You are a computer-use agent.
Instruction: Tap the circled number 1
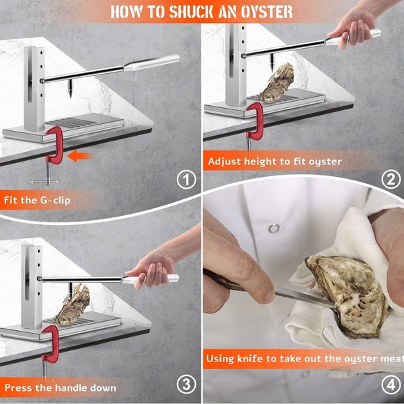point(185,181)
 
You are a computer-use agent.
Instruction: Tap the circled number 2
point(390,178)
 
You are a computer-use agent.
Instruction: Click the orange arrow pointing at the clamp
point(81,156)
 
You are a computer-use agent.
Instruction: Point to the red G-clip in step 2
point(254,124)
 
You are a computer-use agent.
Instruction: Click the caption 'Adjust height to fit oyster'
point(274,162)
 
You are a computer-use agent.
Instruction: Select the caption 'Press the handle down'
point(60,387)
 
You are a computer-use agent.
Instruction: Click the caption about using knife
point(304,359)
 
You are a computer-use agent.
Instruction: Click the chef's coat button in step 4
point(274,228)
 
